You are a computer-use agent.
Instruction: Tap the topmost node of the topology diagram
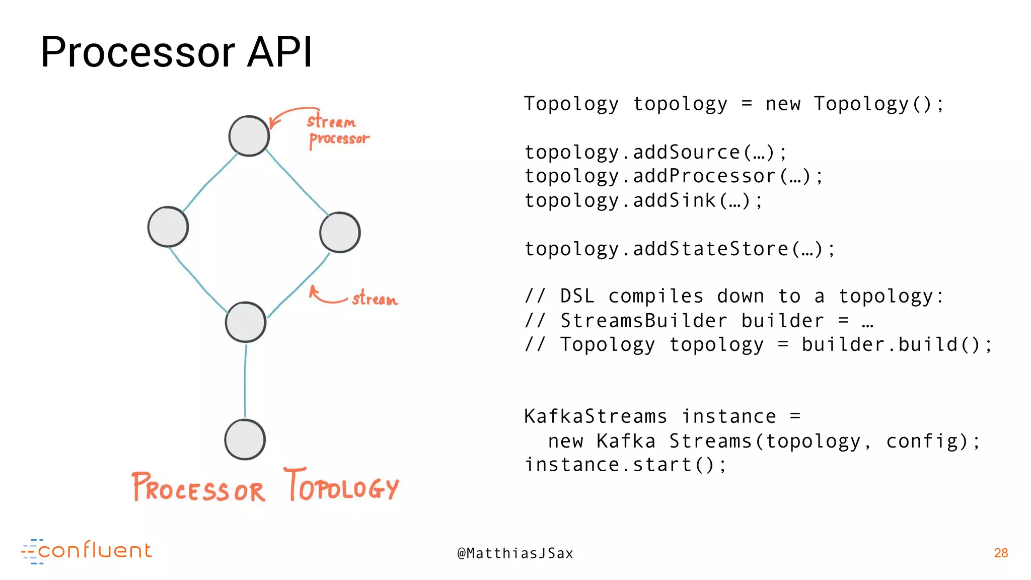click(249, 136)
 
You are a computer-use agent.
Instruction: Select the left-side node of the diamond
click(168, 227)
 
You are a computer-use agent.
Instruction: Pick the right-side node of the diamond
click(340, 232)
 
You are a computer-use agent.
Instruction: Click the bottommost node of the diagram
click(245, 440)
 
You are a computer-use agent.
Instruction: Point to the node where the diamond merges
click(246, 322)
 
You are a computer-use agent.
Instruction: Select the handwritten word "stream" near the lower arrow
click(375, 299)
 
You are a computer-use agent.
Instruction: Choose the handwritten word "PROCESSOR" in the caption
click(198, 487)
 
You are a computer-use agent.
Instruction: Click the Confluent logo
click(87, 551)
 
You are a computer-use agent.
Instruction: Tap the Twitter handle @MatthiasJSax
click(515, 553)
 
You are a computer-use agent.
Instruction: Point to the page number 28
click(1001, 553)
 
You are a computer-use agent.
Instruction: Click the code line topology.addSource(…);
click(655, 153)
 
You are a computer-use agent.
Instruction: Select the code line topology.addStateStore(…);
click(680, 249)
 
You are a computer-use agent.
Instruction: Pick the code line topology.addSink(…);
click(643, 200)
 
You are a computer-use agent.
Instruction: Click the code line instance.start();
click(625, 465)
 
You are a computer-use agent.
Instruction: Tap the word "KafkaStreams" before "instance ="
click(596, 417)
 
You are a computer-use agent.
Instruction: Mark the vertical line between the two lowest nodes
click(245, 381)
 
